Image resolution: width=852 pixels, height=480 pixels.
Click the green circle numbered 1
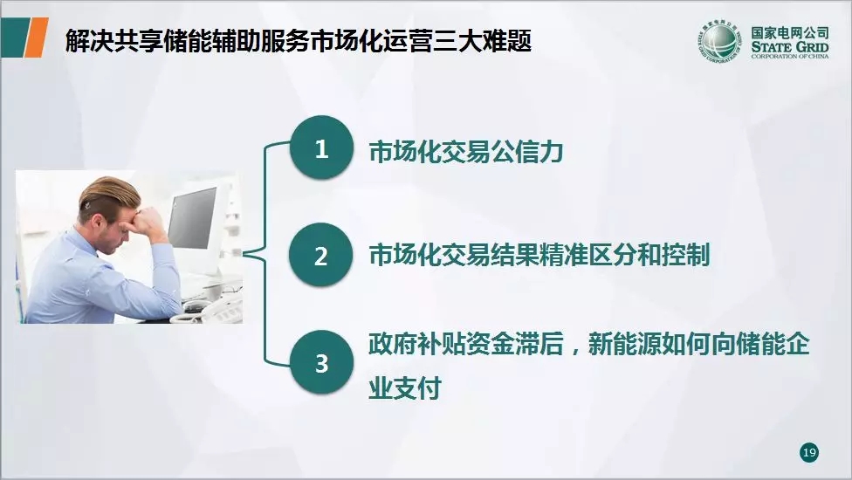pos(321,147)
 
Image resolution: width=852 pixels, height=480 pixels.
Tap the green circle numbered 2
pos(321,255)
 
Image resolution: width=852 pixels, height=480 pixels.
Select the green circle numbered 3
pos(321,362)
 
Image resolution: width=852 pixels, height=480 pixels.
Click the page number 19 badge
pos(809,452)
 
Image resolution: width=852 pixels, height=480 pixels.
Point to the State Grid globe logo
pos(719,41)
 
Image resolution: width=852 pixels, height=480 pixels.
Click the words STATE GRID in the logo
pos(790,47)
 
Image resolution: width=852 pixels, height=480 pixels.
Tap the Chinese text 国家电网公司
pos(790,32)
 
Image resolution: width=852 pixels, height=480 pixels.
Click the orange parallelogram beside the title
pos(37,37)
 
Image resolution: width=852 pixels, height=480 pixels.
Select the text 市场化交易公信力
pos(465,152)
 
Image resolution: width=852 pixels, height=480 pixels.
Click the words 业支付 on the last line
pos(405,387)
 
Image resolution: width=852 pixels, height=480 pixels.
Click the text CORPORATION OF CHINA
pos(790,56)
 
